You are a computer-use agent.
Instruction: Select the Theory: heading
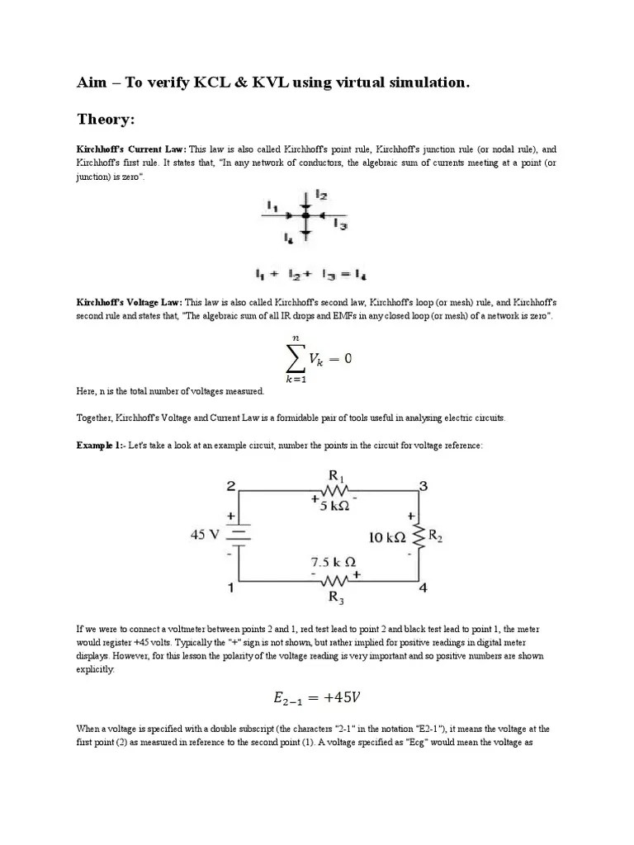(105, 120)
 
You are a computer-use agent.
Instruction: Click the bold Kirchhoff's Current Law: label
(131, 149)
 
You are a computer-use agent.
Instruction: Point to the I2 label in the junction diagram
(321, 196)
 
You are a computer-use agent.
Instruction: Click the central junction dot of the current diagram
(305, 215)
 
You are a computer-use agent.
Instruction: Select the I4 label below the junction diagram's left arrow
(288, 238)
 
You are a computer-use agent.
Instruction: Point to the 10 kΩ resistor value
(386, 537)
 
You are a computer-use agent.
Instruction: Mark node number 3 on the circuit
(423, 487)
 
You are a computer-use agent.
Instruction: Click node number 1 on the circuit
(233, 588)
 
